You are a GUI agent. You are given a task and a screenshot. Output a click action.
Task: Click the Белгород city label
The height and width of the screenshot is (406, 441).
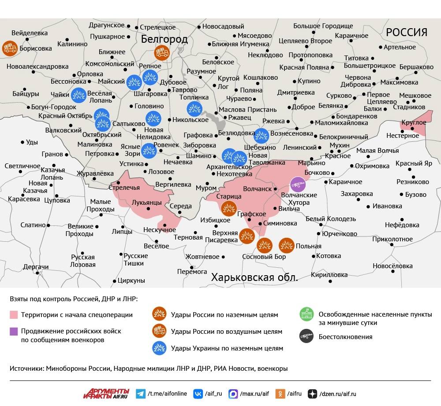click(x=164, y=40)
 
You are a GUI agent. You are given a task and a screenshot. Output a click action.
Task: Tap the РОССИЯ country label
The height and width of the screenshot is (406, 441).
click(x=407, y=32)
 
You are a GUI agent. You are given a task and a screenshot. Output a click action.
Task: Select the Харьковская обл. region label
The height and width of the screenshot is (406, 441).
click(x=254, y=277)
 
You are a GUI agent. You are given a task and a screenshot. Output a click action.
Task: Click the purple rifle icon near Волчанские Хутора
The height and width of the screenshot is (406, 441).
click(x=298, y=185)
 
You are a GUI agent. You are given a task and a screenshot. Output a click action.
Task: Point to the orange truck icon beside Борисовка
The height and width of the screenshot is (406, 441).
click(x=10, y=48)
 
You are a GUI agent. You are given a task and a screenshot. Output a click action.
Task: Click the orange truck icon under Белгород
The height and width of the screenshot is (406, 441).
click(x=162, y=54)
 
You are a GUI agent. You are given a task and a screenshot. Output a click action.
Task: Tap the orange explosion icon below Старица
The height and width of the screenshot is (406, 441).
click(x=229, y=208)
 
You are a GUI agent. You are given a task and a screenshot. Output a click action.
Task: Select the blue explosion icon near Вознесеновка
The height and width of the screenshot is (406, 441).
click(x=262, y=136)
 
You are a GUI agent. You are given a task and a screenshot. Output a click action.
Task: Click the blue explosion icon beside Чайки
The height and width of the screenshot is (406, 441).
click(x=79, y=95)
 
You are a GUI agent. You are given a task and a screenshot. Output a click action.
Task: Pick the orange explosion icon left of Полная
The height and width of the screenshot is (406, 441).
click(x=287, y=245)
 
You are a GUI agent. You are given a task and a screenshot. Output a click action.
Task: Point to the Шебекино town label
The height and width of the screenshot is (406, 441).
click(x=260, y=148)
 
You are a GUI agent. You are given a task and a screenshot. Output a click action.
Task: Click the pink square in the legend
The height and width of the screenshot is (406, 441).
click(x=14, y=315)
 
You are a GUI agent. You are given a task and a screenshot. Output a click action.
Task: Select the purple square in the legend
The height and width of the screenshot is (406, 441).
click(x=14, y=331)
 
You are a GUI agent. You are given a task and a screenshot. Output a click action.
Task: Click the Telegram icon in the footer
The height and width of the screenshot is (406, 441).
click(x=141, y=394)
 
